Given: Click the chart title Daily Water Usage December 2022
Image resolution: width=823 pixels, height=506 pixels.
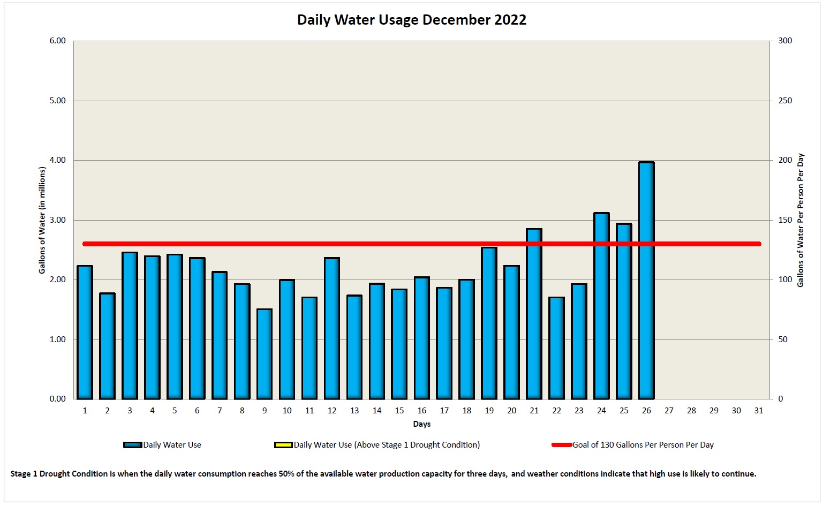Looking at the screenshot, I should click(x=411, y=20).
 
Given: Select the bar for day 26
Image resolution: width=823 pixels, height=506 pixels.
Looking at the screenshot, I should click(x=646, y=281).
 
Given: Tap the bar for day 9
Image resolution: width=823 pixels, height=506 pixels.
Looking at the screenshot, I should click(x=265, y=354).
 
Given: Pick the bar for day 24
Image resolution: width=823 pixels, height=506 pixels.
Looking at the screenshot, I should click(x=601, y=306).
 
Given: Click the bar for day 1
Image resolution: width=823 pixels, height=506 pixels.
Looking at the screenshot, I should click(x=85, y=332).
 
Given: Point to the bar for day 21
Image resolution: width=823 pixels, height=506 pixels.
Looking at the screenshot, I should click(x=534, y=314).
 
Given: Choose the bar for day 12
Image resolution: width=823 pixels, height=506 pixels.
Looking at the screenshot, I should click(x=332, y=328).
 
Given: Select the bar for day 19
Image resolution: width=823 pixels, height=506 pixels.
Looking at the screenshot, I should click(x=489, y=323).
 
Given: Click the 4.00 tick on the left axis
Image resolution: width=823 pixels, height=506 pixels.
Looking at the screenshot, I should click(x=57, y=161).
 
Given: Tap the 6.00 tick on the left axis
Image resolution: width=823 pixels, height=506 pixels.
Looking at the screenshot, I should click(x=57, y=41).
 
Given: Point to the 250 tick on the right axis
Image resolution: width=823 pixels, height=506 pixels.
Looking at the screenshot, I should click(x=785, y=101).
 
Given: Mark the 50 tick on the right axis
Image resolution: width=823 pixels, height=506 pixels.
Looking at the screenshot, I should click(x=783, y=339).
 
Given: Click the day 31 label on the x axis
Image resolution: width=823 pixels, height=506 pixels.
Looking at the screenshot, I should click(x=758, y=411).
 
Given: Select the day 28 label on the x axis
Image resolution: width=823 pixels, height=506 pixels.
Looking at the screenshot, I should click(x=691, y=411).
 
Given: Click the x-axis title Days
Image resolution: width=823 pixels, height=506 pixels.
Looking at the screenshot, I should click(x=421, y=424).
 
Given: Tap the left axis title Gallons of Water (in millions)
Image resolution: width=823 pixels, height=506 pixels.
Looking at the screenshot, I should click(x=42, y=220).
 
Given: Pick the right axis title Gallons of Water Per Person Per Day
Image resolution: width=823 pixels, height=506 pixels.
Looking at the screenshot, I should click(x=801, y=220).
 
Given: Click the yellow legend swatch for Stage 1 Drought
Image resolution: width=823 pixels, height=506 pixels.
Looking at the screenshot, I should click(x=283, y=445).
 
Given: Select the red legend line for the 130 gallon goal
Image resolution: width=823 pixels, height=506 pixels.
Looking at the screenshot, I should click(x=562, y=445).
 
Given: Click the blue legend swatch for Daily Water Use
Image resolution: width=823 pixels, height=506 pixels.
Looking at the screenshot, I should click(x=132, y=445).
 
